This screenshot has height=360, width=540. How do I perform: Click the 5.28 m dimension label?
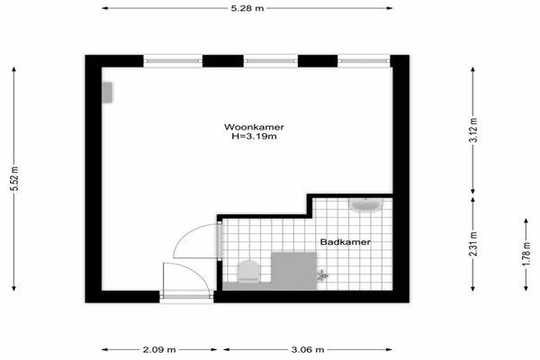point(247,8)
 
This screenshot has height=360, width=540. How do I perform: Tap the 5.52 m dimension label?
point(14,178)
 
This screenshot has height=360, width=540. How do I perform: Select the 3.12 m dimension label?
point(474,130)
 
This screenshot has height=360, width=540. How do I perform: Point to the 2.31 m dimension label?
point(474,244)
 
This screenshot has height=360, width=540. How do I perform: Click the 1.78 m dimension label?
point(526,254)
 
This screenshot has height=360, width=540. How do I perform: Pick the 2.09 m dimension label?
point(159,350)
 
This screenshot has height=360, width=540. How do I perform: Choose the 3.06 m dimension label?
point(308,350)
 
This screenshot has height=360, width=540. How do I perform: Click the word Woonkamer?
point(254,127)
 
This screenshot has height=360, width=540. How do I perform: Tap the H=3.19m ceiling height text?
point(254,137)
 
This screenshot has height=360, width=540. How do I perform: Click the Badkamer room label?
point(346,242)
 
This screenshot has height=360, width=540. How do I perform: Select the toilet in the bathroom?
point(248,272)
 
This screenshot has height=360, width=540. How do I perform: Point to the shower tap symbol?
point(322,275)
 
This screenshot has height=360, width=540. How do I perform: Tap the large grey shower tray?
point(293,271)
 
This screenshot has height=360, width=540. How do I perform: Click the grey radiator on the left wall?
point(107,93)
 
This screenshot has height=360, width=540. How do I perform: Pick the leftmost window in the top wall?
point(173,61)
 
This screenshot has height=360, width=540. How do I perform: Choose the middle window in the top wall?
point(271,61)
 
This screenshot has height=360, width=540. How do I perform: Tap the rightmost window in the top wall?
point(364,61)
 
